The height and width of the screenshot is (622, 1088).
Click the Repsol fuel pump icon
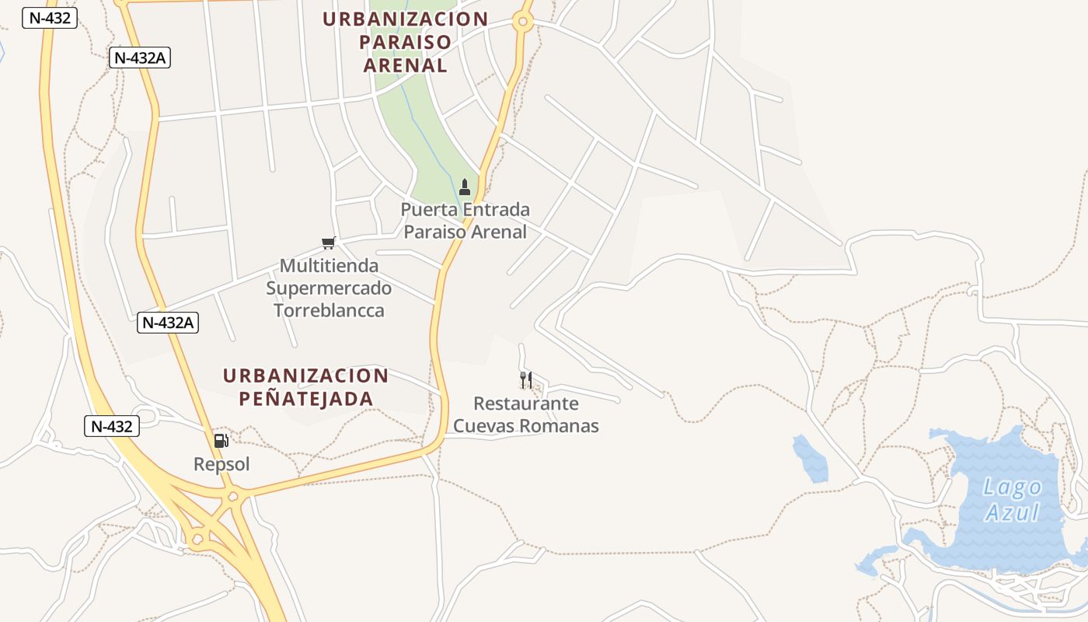pos(221,441)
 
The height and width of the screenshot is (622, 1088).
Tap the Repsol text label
pos(221,464)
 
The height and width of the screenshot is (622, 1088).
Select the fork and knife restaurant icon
pos(526,380)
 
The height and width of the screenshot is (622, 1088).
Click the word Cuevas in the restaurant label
pos(483,425)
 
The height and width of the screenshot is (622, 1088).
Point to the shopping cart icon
pos(329,243)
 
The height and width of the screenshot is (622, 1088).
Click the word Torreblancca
pos(329,310)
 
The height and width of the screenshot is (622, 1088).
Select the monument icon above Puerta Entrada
pos(465,187)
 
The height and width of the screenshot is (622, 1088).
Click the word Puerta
pos(429,210)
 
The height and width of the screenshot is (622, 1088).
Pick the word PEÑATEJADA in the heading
pos(306,399)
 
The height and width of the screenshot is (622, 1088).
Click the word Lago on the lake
pos(1012,487)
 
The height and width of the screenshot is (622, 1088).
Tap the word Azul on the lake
pos(1012,512)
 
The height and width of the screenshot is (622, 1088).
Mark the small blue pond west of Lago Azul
pos(810,458)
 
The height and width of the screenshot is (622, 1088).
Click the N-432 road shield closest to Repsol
pos(112,426)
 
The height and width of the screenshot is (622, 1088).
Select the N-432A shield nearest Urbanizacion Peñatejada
pos(168,323)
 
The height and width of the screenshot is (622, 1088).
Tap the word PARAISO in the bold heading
pos(406,42)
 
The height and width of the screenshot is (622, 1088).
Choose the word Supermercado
pos(329,288)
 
